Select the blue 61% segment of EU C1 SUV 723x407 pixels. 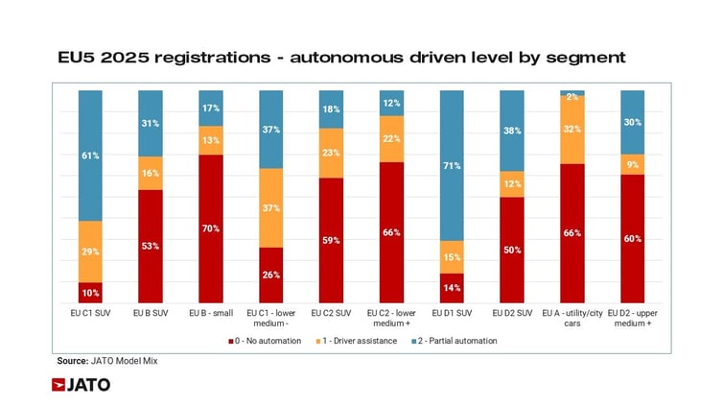click(x=90, y=156)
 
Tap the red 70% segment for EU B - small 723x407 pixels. click(x=211, y=228)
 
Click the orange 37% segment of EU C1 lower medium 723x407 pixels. click(x=271, y=207)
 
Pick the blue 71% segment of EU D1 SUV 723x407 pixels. click(x=452, y=165)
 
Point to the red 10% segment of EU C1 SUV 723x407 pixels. click(x=90, y=293)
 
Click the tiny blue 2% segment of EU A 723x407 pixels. click(x=572, y=93)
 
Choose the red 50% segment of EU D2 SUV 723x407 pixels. click(x=512, y=251)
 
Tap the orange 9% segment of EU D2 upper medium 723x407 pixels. click(x=633, y=164)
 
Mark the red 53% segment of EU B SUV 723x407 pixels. click(x=151, y=247)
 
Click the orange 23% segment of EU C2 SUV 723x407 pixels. click(x=332, y=153)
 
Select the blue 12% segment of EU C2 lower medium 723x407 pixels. click(x=392, y=103)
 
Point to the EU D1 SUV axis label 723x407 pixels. click(x=452, y=313)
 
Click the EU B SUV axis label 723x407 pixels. click(x=151, y=313)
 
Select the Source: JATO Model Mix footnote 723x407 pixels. click(x=106, y=361)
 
